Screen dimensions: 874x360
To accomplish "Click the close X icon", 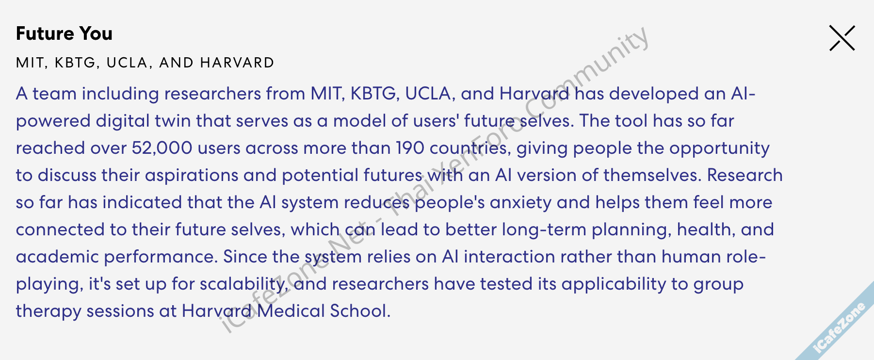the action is [x=842, y=38].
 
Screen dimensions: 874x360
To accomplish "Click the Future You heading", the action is [x=64, y=33].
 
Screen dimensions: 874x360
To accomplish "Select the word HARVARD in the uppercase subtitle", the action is [x=237, y=63].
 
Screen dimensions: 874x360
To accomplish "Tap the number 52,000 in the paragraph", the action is [x=162, y=148].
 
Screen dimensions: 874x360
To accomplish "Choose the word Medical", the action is [x=291, y=311].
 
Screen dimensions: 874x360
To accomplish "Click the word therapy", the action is [x=49, y=311].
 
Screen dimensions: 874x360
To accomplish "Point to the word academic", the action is [x=57, y=257].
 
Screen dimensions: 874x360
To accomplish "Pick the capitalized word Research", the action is [x=745, y=175].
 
